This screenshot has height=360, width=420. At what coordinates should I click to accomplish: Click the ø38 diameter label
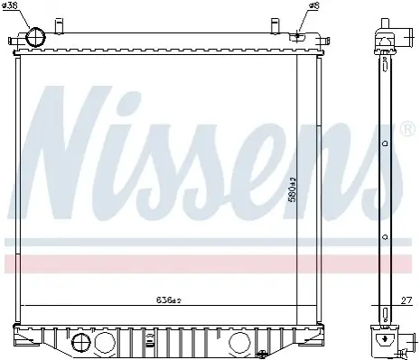(10, 5)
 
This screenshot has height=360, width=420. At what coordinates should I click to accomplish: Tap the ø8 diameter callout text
(313, 5)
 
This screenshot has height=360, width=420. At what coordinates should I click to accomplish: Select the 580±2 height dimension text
(293, 189)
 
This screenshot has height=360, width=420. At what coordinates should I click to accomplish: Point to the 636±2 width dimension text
(169, 300)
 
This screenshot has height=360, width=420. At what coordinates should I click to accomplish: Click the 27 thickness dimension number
(406, 300)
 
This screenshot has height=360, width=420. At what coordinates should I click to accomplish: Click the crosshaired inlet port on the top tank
(35, 37)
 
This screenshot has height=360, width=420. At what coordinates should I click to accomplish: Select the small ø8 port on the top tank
(297, 36)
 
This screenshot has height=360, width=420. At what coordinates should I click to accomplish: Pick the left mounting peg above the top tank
(60, 25)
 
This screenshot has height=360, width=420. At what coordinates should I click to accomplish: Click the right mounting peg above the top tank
(275, 25)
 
